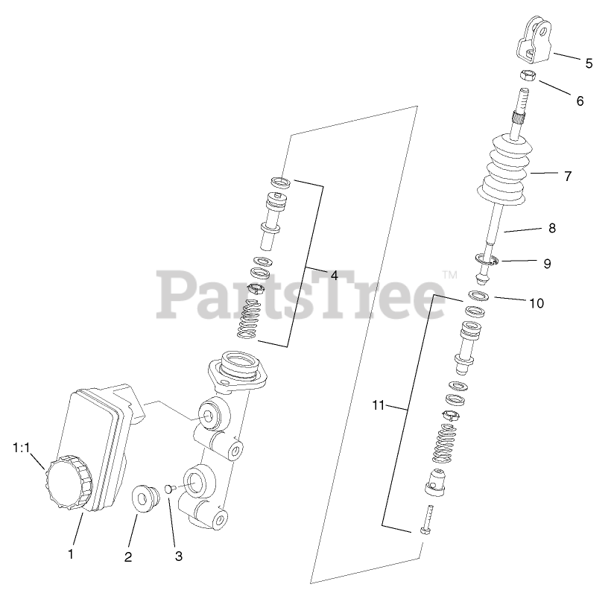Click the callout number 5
pos(589,63)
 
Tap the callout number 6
pos(580,101)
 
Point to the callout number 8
pos(551,229)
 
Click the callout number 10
pos(537,304)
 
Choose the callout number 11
pos(378,405)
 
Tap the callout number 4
pos(334,275)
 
